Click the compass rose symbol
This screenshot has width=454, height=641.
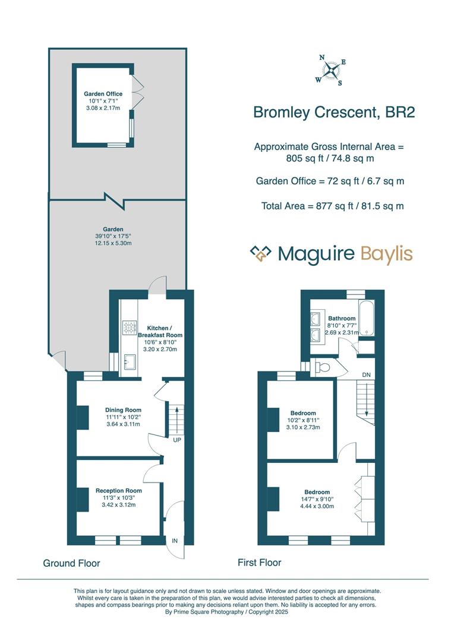click(332, 70)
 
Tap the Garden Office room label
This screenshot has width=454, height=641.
click(103, 94)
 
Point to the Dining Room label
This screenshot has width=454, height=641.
click(123, 410)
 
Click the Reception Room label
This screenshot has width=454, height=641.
click(119, 491)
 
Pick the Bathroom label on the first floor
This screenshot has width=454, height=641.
click(342, 318)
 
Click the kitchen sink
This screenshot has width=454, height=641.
click(130, 361)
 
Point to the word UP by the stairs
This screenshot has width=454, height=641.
click(177, 440)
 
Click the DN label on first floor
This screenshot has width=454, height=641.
click(366, 376)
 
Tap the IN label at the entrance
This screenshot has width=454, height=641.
click(175, 541)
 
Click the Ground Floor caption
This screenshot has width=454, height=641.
click(71, 563)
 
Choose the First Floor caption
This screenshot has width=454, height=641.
click(259, 562)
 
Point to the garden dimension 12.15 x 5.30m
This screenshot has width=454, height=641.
click(112, 243)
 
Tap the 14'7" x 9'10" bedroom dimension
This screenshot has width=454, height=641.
click(317, 499)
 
